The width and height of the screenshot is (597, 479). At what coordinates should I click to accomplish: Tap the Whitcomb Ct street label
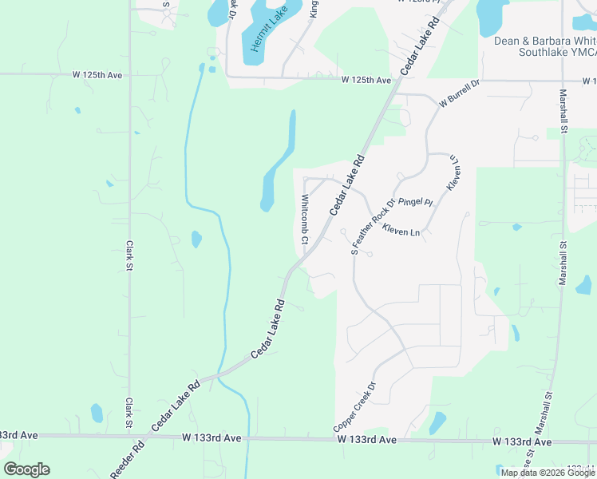(x=304, y=217)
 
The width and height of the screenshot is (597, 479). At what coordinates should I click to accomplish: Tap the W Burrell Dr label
(x=459, y=94)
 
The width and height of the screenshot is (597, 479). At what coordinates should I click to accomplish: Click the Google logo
(x=26, y=469)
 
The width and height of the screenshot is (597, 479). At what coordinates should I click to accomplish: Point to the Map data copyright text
(x=548, y=473)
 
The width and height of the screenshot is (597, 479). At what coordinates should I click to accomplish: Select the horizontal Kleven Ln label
(x=401, y=232)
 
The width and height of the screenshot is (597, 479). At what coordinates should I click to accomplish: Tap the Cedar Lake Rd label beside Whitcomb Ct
(x=346, y=184)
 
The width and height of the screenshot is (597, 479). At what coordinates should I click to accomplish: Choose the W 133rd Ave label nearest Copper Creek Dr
(x=366, y=440)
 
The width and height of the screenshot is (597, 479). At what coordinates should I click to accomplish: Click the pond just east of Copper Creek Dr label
(x=437, y=422)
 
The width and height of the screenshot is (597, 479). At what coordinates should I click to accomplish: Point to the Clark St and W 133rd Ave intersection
(x=128, y=436)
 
